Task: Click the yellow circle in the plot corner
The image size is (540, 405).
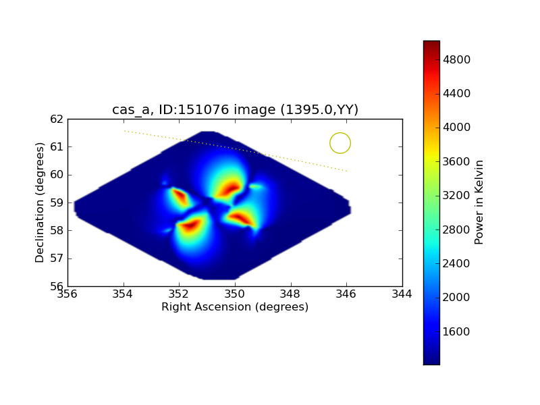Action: point(340,143)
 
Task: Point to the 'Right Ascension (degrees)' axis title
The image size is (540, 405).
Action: point(235,307)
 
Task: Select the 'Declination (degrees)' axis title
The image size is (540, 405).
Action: point(40,202)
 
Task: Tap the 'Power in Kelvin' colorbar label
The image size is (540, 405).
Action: point(479,202)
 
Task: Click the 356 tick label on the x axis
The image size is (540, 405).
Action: point(67,294)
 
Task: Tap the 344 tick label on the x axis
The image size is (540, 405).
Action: point(402,294)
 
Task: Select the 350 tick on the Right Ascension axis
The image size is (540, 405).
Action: point(235,294)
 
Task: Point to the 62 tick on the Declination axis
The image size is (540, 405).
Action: point(56,119)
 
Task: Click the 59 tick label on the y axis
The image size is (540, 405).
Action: point(56,202)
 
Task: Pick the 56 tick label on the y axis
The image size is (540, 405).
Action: point(56,286)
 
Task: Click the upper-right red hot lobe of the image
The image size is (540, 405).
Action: point(232,187)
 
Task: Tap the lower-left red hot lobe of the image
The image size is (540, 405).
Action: point(190,225)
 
